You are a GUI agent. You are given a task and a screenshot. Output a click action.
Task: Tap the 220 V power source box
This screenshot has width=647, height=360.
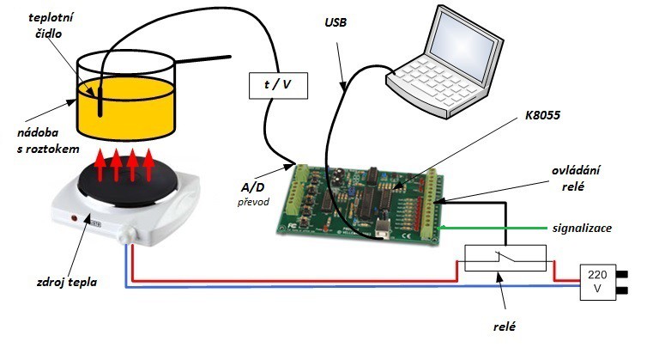tap(598, 283)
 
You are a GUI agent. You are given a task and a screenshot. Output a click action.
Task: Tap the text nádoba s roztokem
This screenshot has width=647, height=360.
tap(34, 142)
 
